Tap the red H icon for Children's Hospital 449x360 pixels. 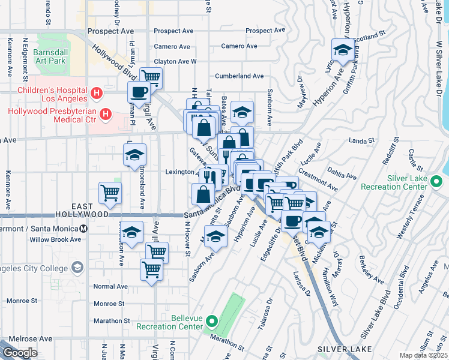(96, 94)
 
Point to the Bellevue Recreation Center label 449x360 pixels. (169, 322)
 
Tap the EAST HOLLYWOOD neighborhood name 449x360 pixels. (82, 209)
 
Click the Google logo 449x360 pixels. (20, 353)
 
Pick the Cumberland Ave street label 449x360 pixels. (240, 76)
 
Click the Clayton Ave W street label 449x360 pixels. (175, 61)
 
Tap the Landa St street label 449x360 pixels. (362, 141)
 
